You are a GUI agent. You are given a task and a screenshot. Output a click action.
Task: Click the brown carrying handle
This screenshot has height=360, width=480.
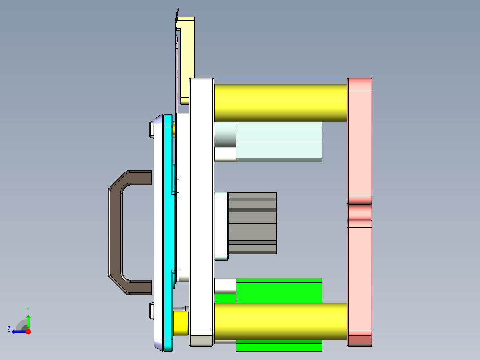(114, 232)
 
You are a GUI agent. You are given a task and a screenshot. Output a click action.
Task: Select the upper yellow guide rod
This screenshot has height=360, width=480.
(281, 102)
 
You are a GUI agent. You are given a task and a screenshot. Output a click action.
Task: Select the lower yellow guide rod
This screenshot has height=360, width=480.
(281, 321)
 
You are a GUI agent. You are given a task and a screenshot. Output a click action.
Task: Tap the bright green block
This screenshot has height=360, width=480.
(279, 290)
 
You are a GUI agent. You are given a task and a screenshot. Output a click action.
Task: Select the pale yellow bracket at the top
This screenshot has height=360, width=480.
(187, 58)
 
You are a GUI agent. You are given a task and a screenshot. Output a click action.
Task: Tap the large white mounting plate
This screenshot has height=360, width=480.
(201, 200)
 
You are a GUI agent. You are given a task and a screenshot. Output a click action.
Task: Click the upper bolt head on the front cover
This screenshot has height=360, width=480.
(151, 130)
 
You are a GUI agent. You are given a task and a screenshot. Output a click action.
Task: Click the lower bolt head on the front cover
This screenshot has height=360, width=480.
(151, 311)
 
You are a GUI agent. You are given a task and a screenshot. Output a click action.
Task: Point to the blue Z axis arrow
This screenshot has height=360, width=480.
(18, 331)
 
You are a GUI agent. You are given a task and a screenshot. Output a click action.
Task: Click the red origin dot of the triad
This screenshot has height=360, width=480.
(28, 331)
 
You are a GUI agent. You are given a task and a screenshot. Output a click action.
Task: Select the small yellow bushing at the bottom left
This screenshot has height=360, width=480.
(180, 323)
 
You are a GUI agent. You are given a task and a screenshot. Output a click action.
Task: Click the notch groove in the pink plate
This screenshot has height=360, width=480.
(359, 212)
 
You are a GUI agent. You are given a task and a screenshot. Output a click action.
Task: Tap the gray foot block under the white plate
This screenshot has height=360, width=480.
(201, 340)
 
